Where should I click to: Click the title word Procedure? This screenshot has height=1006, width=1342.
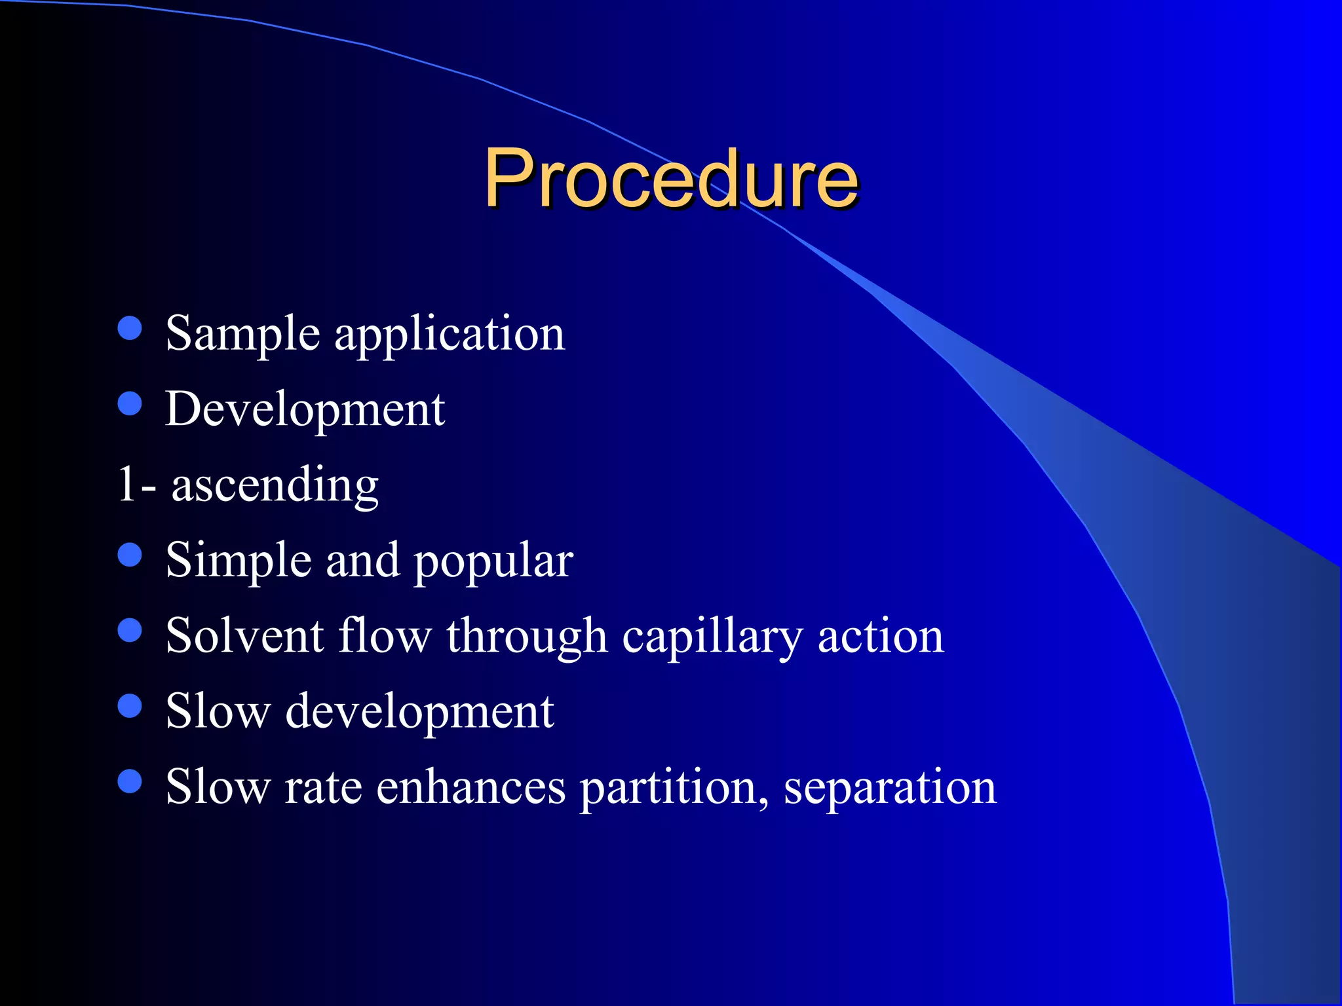coord(670,178)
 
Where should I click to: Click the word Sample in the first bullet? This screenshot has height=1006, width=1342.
coord(242,334)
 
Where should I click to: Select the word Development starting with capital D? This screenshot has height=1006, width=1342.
coord(305,410)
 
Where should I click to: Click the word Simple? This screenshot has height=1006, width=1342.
coord(238,561)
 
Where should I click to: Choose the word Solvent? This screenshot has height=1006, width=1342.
coord(244,636)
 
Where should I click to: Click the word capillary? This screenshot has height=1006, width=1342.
coord(712,637)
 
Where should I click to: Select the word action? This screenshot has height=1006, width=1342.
coord(881,636)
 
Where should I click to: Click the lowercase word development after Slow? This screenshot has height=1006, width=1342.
coord(419,713)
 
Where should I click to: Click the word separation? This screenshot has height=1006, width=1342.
coord(890,788)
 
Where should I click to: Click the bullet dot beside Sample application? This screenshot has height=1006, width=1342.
coord(130,328)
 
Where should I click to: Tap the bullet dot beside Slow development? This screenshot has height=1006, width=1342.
coord(130,706)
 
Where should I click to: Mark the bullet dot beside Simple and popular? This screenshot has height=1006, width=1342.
coord(130,555)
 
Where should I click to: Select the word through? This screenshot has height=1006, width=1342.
coord(527,637)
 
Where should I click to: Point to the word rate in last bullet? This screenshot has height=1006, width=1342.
coord(322,787)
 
